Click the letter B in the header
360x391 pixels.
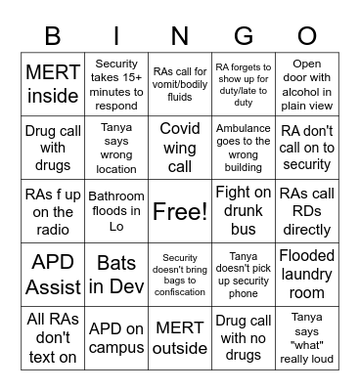52,37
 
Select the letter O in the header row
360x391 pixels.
306,37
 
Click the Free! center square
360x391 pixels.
179,211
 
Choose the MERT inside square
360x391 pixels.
52,84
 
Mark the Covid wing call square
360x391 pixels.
179,148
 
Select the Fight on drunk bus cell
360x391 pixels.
243,211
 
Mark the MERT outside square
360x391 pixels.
179,338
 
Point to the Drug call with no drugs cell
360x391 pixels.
243,338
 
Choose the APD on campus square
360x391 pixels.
115,338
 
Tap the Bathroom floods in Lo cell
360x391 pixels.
115,211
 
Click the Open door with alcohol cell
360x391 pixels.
306,84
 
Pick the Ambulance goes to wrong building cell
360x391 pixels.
243,148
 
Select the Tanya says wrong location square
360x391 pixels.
115,148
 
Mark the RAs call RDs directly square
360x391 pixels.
306,211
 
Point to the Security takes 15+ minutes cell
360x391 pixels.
115,84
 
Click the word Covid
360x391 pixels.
179,129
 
